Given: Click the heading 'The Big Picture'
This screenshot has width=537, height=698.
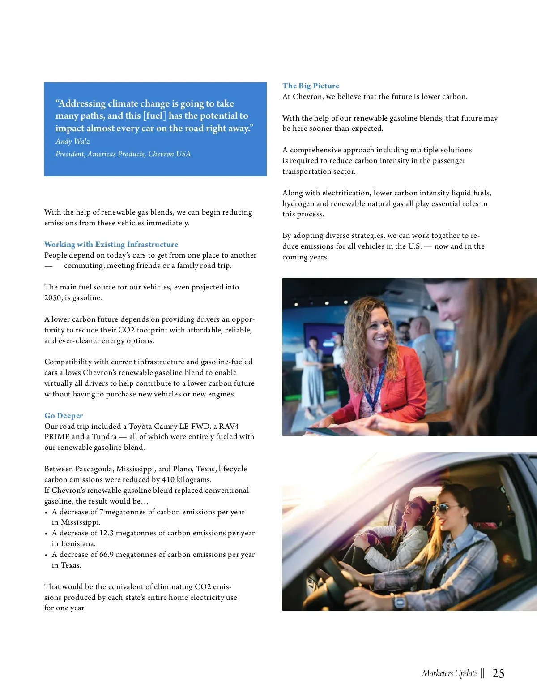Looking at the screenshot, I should [311, 86].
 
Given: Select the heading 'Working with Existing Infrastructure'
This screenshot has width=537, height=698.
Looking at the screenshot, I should [111, 244].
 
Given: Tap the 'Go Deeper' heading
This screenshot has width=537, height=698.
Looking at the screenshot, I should [64, 415].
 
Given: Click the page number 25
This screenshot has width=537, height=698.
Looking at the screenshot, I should [498, 673].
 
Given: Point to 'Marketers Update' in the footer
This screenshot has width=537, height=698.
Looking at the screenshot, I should [449, 673].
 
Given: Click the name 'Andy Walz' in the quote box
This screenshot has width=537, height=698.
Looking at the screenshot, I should [72, 141].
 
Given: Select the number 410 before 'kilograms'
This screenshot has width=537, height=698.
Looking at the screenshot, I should [168, 479].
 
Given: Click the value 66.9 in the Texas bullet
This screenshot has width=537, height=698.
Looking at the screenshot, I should [107, 554].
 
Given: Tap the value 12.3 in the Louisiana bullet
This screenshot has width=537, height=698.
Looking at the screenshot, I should [107, 533].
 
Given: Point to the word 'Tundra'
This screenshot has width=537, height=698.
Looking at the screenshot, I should [104, 436].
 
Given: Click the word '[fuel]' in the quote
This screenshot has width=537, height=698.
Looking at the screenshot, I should [154, 116].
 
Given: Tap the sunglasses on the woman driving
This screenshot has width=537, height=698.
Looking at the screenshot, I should [442, 508].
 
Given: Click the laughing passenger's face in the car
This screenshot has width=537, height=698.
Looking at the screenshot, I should [412, 509].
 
